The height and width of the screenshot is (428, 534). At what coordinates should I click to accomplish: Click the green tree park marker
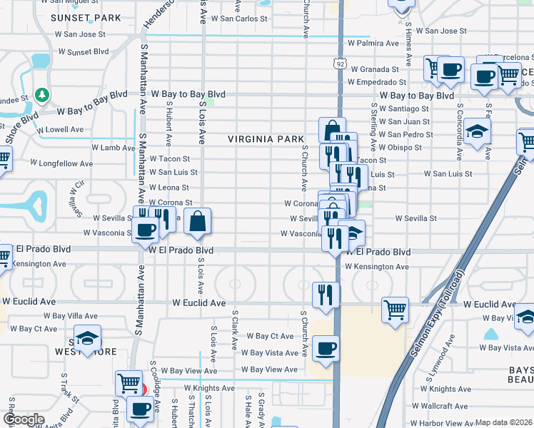coord(43,95)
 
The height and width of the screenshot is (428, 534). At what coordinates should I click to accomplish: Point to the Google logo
coord(24,419)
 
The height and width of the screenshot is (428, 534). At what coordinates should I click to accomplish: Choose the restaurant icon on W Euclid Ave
coord(325,294)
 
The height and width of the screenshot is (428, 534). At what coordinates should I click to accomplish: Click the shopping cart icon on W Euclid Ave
coord(395,310)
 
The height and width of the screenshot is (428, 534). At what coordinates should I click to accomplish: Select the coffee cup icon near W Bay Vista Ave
coord(326,349)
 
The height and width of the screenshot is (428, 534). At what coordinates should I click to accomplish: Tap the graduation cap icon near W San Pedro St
coord(477,131)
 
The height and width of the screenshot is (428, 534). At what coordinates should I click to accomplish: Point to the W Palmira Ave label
coord(373,44)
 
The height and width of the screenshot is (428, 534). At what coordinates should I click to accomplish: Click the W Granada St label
coord(373,69)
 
